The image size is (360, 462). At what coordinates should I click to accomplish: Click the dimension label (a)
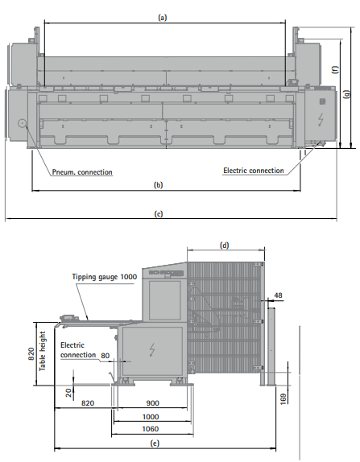(163, 18)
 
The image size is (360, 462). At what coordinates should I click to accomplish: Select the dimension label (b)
(159, 185)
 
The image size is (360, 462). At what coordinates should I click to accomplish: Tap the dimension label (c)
(159, 213)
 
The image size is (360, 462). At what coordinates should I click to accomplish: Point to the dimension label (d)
(225, 245)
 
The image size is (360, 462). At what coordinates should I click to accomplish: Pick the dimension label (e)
(155, 443)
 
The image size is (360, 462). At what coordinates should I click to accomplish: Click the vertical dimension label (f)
(335, 69)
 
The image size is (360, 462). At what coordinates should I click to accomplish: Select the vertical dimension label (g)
(347, 94)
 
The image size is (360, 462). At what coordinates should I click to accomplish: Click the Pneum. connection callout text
(82, 172)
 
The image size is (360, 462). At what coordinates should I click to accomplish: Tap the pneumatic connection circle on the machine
(22, 123)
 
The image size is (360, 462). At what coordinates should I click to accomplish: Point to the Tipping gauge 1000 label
(105, 277)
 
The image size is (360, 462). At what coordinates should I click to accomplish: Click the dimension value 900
(153, 403)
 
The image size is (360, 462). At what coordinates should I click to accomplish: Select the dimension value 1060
(151, 429)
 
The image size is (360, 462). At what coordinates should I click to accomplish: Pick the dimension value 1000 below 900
(151, 417)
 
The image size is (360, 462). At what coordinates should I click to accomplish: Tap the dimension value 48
(278, 295)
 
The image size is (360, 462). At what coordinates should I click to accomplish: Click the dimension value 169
(283, 399)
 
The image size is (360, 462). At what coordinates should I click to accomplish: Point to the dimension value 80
(106, 356)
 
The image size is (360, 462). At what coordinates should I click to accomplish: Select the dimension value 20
(68, 393)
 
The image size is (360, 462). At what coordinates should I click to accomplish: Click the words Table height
(43, 351)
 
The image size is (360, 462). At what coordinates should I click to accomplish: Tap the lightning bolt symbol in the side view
(152, 350)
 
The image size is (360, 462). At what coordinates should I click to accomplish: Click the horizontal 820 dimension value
(88, 403)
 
